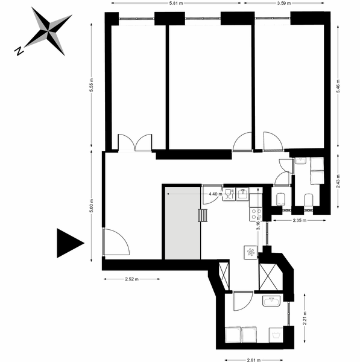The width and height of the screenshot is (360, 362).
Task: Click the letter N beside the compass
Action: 19,51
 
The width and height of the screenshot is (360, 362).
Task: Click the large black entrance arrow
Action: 70,243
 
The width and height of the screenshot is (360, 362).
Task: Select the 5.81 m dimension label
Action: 176,3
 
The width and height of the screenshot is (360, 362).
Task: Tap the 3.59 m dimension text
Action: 283,3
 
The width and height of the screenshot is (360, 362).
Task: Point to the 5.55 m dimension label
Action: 92,85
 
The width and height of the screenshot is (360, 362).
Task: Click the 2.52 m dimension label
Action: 132,279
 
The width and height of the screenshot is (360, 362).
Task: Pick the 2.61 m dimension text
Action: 254,360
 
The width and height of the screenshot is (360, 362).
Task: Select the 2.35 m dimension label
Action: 300,220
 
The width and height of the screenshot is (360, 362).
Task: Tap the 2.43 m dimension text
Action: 338,181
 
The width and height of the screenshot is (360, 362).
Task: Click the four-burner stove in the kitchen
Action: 256,214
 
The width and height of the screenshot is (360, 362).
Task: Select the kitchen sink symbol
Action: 242,194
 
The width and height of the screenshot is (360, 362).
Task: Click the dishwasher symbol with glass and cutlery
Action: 229,194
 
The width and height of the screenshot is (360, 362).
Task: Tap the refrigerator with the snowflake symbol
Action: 251,253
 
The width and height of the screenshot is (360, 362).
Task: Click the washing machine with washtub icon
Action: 276,335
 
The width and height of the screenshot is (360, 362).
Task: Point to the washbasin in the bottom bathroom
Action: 271,301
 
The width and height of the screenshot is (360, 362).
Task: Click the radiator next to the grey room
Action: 203,215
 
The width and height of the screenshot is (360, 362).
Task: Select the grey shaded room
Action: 183,223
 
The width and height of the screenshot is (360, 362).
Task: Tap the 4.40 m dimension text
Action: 215,194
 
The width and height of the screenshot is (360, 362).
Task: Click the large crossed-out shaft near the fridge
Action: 268,277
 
